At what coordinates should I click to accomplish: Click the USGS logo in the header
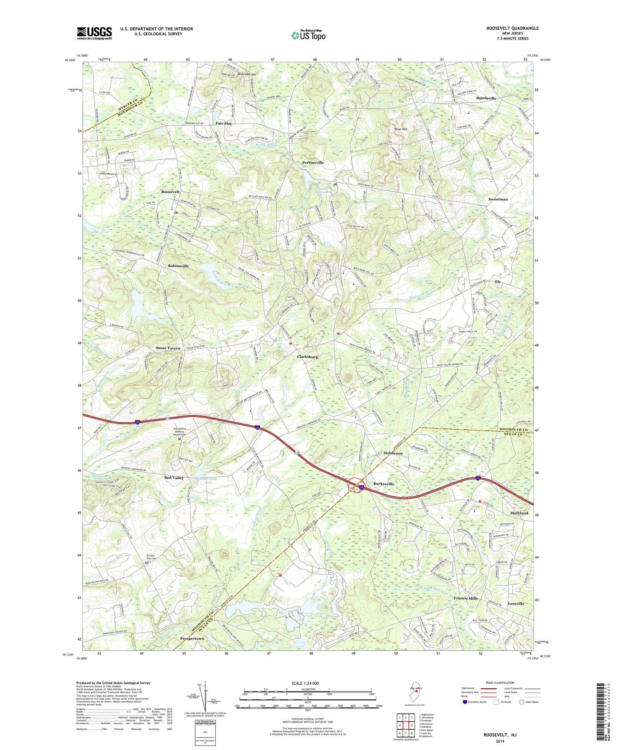(94, 33)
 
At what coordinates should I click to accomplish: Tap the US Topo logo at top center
(308, 35)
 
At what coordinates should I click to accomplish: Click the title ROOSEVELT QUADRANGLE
(512, 28)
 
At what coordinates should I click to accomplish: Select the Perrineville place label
(313, 163)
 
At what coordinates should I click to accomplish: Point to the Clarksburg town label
(308, 357)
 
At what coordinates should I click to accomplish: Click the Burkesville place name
(384, 484)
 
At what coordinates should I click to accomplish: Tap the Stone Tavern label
(168, 348)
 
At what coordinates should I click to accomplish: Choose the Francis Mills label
(466, 598)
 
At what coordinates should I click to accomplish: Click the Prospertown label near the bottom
(192, 639)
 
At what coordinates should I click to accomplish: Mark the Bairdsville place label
(486, 98)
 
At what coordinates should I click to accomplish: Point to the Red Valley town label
(174, 478)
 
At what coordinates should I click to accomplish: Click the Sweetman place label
(498, 199)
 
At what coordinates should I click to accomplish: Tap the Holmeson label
(393, 453)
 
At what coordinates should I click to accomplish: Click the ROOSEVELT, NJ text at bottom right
(500, 735)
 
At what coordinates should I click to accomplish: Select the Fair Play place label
(223, 123)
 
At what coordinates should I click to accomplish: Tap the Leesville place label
(516, 604)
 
